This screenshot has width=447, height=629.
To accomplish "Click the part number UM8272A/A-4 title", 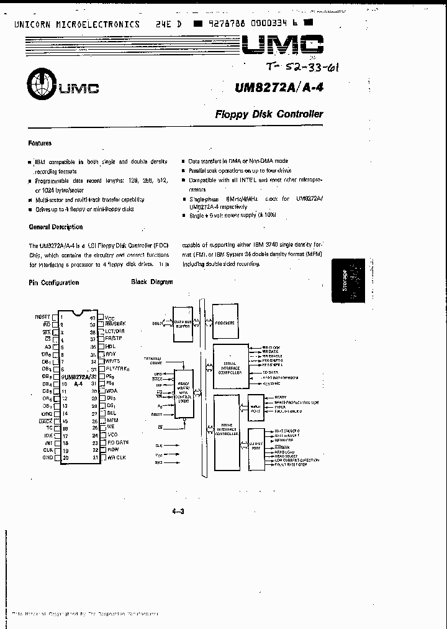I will click(280, 88).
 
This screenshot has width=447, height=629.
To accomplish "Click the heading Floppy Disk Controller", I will click(269, 114).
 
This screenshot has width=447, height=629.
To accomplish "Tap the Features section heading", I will click(40, 143).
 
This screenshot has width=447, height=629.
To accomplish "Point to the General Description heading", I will click(55, 227).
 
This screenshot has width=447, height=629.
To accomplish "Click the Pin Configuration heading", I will click(54, 282).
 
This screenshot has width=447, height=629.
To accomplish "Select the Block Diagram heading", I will click(151, 282).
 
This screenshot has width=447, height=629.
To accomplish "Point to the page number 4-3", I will click(179, 512).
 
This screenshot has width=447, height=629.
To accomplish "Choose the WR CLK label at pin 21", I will click(116, 458).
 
